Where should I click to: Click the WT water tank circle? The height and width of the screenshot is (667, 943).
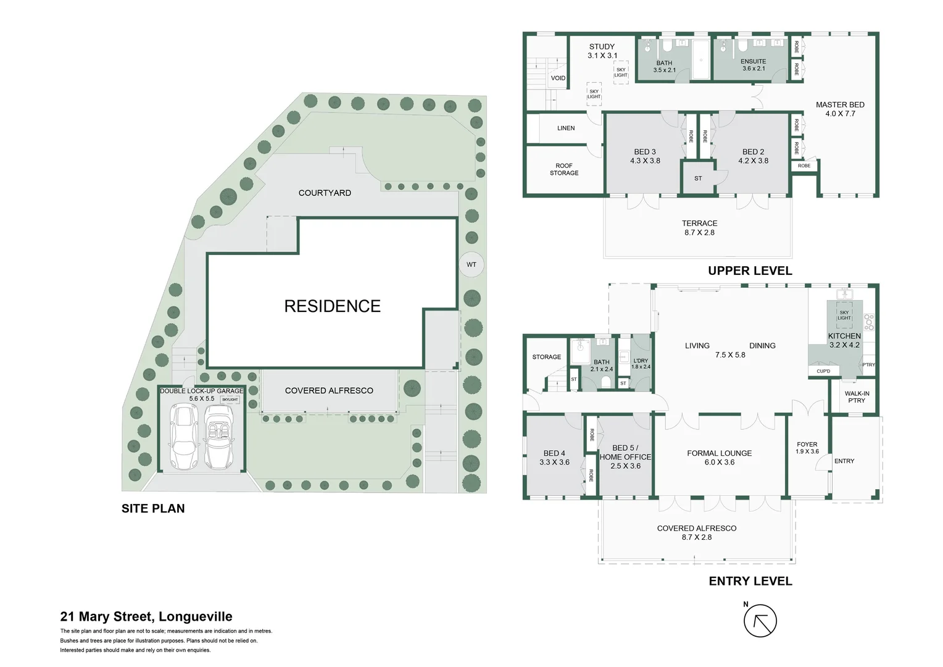point(471,264)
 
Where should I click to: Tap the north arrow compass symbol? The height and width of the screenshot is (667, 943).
point(760,621)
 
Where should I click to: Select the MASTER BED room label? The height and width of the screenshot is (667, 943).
point(840,109)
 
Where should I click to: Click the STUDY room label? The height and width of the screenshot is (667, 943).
point(602,51)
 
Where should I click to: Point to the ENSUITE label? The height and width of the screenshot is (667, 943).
point(753,65)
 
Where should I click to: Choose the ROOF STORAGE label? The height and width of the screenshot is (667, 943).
point(564,169)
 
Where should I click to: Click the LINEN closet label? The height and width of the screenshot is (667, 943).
point(566,128)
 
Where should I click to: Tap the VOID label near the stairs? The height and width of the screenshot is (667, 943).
point(558,78)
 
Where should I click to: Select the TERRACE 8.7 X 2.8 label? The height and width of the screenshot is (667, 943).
point(699,228)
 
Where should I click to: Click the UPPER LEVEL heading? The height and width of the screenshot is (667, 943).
point(750,271)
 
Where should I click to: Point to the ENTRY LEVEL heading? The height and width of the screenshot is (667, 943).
point(750,581)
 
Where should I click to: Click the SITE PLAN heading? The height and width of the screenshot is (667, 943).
point(153,508)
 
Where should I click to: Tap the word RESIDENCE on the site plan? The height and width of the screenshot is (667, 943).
point(332,306)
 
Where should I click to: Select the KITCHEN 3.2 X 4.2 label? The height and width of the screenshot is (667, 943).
point(844,340)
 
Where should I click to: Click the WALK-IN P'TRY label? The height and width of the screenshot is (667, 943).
point(857,397)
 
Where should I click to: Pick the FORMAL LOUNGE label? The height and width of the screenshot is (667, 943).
point(719,458)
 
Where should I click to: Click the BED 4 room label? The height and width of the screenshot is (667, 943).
point(554,458)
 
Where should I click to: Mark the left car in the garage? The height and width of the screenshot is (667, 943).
point(183,437)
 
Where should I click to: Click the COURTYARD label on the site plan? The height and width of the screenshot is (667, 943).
point(325,193)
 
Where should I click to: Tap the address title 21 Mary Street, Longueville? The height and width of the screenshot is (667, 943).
point(146,616)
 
